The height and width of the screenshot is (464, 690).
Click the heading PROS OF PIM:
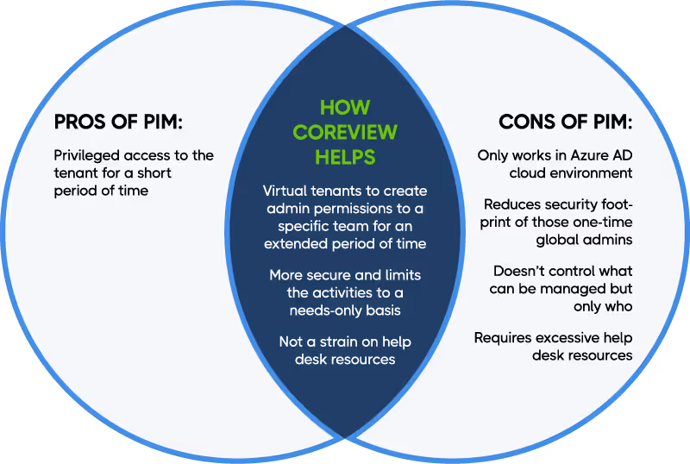point(118,122)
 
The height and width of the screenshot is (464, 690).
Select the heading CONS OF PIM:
point(565,122)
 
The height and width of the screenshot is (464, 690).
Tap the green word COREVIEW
point(345,133)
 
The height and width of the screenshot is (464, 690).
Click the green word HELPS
point(345,157)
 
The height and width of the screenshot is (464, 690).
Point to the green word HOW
point(345,108)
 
